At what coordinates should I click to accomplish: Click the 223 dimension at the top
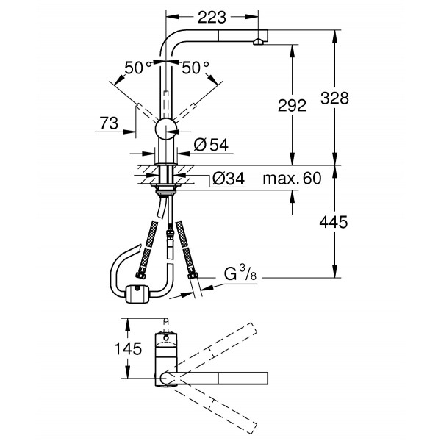(213, 14)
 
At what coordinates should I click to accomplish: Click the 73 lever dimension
(108, 124)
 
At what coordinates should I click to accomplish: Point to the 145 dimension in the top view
(128, 350)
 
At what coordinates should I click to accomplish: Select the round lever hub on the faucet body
(167, 129)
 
